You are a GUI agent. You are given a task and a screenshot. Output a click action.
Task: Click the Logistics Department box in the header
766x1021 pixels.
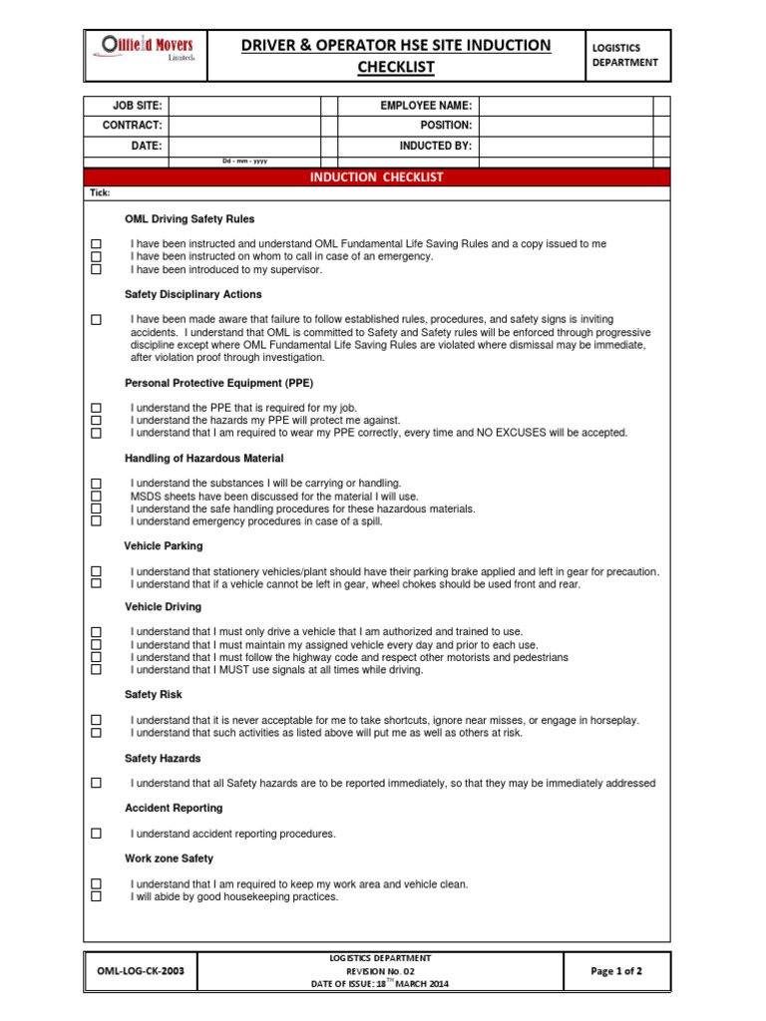point(625,55)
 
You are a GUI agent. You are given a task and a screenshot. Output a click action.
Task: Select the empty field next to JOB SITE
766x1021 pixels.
point(244,106)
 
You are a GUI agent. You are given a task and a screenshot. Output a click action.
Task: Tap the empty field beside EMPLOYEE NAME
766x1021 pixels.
point(566,106)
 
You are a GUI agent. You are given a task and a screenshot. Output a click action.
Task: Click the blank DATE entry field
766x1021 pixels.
point(244,146)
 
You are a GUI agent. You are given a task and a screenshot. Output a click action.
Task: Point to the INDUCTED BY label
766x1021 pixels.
point(436,146)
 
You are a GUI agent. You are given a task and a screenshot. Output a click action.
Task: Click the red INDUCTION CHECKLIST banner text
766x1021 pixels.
point(377,177)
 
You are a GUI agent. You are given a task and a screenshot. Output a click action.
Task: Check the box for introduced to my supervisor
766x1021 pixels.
point(97,269)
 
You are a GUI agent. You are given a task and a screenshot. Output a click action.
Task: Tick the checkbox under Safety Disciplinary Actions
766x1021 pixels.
point(97,320)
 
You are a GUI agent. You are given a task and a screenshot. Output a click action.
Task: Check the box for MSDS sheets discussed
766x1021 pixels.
point(97,496)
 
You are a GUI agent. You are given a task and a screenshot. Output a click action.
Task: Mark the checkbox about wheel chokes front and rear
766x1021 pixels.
point(97,584)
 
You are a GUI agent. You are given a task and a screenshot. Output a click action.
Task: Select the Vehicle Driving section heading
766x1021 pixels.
point(163,606)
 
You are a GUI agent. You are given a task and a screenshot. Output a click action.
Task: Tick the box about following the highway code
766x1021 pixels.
point(97,658)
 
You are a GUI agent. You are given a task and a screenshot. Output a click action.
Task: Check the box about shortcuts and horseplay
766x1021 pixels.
point(97,720)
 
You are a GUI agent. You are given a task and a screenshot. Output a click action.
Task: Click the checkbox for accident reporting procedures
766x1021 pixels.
point(97,834)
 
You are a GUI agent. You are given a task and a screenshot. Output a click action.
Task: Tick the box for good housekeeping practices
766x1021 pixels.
point(97,896)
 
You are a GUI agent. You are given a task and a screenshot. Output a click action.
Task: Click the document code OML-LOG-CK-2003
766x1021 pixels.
point(140,970)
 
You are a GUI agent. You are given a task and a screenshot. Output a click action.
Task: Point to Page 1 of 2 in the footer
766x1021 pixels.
point(616,970)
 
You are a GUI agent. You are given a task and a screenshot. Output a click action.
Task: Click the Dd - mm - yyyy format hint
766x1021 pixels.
point(244,161)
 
